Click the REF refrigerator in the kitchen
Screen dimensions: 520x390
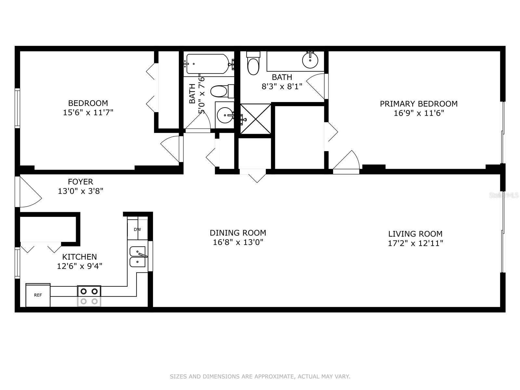point(38,295)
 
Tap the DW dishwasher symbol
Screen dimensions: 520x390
point(137,229)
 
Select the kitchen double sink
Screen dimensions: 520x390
point(138,257)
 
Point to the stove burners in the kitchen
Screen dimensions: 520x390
point(89,296)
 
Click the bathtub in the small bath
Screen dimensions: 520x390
point(208,64)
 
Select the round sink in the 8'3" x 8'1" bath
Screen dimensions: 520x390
point(310,60)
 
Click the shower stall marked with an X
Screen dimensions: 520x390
point(256,119)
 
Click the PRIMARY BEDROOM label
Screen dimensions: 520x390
point(419,104)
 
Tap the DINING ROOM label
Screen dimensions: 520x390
point(238,233)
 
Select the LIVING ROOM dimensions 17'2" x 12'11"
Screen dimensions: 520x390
point(415,243)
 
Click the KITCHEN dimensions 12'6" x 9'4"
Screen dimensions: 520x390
point(80,266)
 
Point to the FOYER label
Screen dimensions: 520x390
point(81,182)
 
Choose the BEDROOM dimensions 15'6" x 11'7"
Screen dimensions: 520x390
point(88,112)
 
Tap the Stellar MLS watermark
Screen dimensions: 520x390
point(507,195)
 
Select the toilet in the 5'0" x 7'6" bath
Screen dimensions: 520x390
point(222,91)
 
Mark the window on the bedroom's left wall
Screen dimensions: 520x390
point(17,108)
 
